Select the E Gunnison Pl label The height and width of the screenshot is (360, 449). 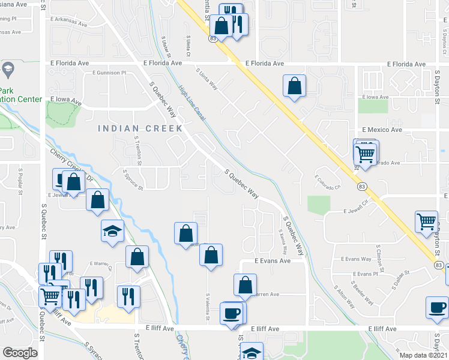(110, 73)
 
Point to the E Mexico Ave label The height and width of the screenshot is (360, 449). (382, 130)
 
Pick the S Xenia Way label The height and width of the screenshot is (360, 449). (282, 240)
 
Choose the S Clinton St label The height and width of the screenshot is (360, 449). (378, 254)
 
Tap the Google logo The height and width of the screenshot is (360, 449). (20, 352)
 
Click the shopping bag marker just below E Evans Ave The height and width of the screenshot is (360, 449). (245, 286)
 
